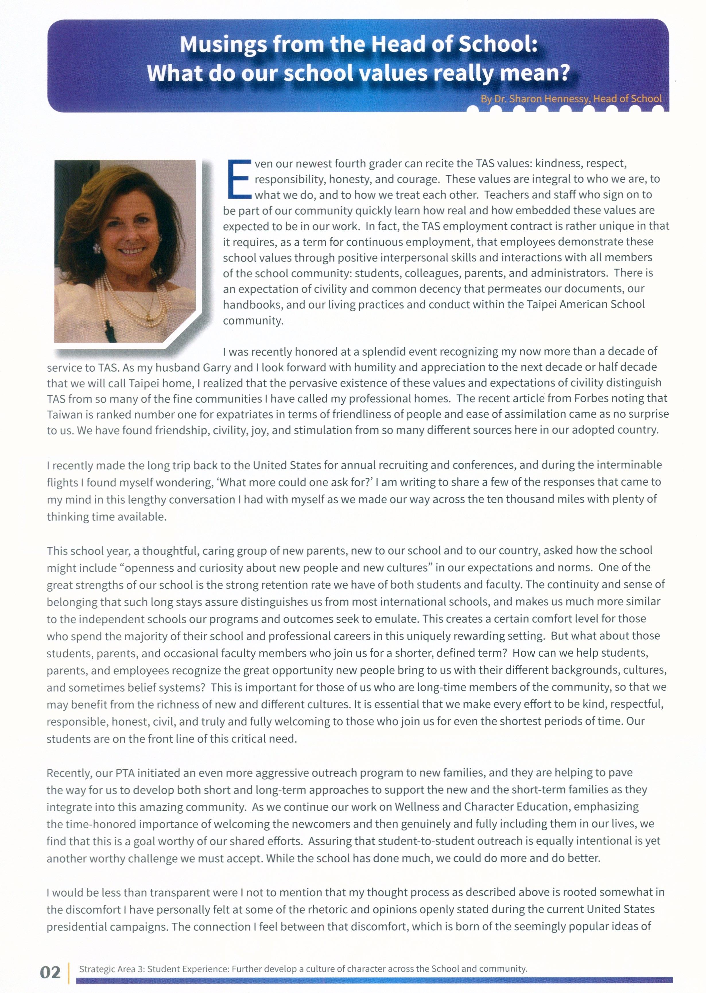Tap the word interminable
[629, 465]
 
